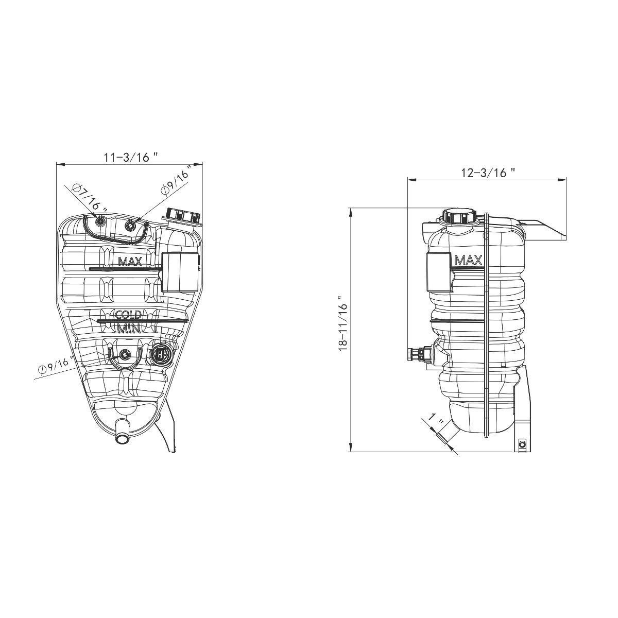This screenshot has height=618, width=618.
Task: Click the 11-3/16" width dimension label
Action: (130, 157)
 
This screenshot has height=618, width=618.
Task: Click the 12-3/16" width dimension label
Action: (488, 173)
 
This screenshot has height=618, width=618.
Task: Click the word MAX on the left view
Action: (130, 262)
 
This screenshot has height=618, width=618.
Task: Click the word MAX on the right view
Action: (469, 261)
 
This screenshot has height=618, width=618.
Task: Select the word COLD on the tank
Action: (128, 315)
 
